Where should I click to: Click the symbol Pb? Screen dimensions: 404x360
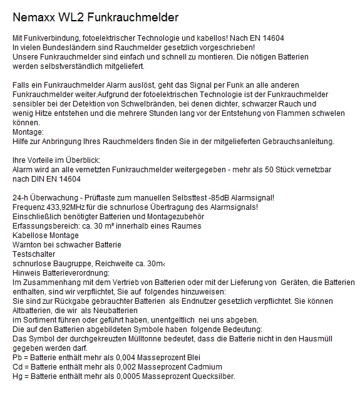point(18,357)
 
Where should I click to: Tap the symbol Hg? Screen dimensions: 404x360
point(18,376)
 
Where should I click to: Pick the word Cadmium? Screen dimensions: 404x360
point(200,366)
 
